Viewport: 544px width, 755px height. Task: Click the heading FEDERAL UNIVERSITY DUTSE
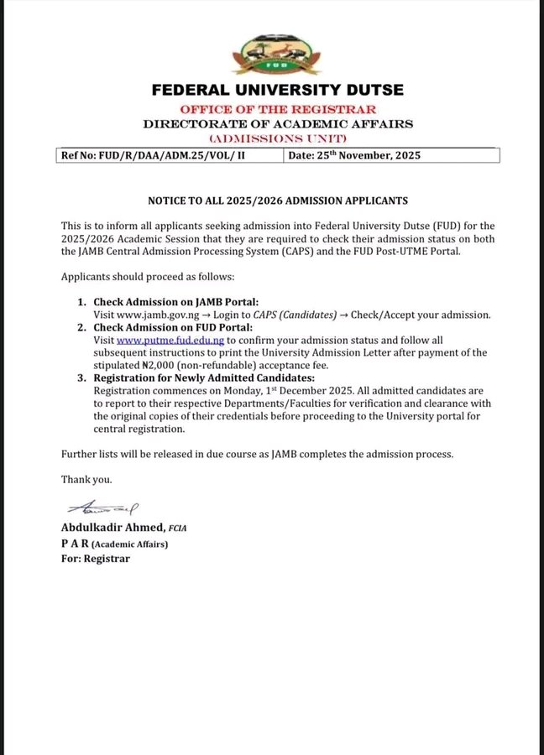point(278,91)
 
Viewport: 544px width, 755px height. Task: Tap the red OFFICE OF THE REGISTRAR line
point(278,110)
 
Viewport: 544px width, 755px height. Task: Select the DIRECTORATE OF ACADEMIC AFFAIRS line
point(278,124)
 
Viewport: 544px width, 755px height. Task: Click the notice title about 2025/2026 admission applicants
point(278,201)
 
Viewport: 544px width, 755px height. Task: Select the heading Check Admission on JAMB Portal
point(175,302)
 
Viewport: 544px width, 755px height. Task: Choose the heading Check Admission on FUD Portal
point(172,328)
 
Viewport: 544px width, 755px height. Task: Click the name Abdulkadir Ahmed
point(112,527)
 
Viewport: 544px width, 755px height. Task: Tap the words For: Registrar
point(95,559)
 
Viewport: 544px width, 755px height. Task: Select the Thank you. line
point(86,480)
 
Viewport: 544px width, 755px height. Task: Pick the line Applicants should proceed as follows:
point(148,276)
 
